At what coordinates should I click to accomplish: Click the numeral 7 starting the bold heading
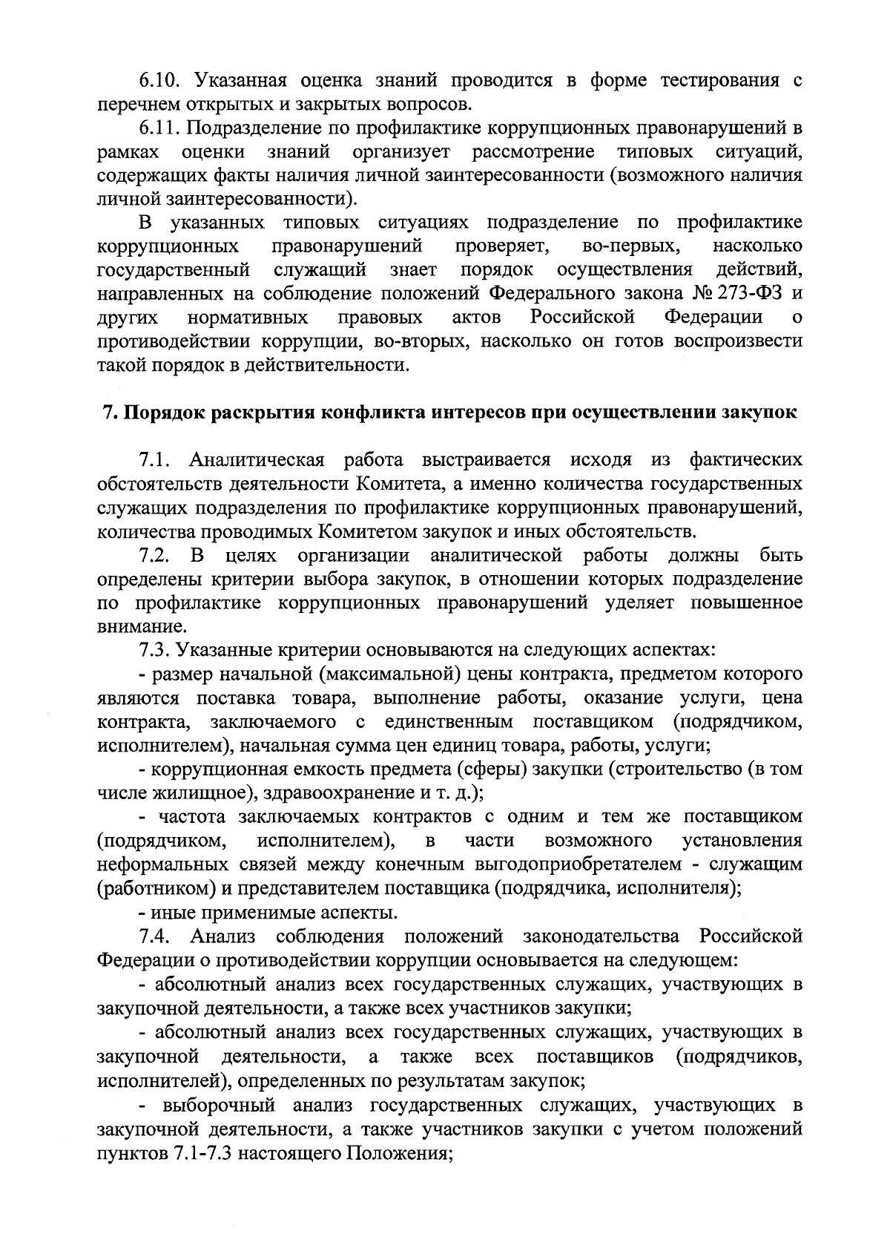pyautogui.click(x=106, y=413)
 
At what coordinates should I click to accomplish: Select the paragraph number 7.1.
pyautogui.click(x=156, y=460)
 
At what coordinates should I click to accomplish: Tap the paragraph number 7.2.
pyautogui.click(x=156, y=556)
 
